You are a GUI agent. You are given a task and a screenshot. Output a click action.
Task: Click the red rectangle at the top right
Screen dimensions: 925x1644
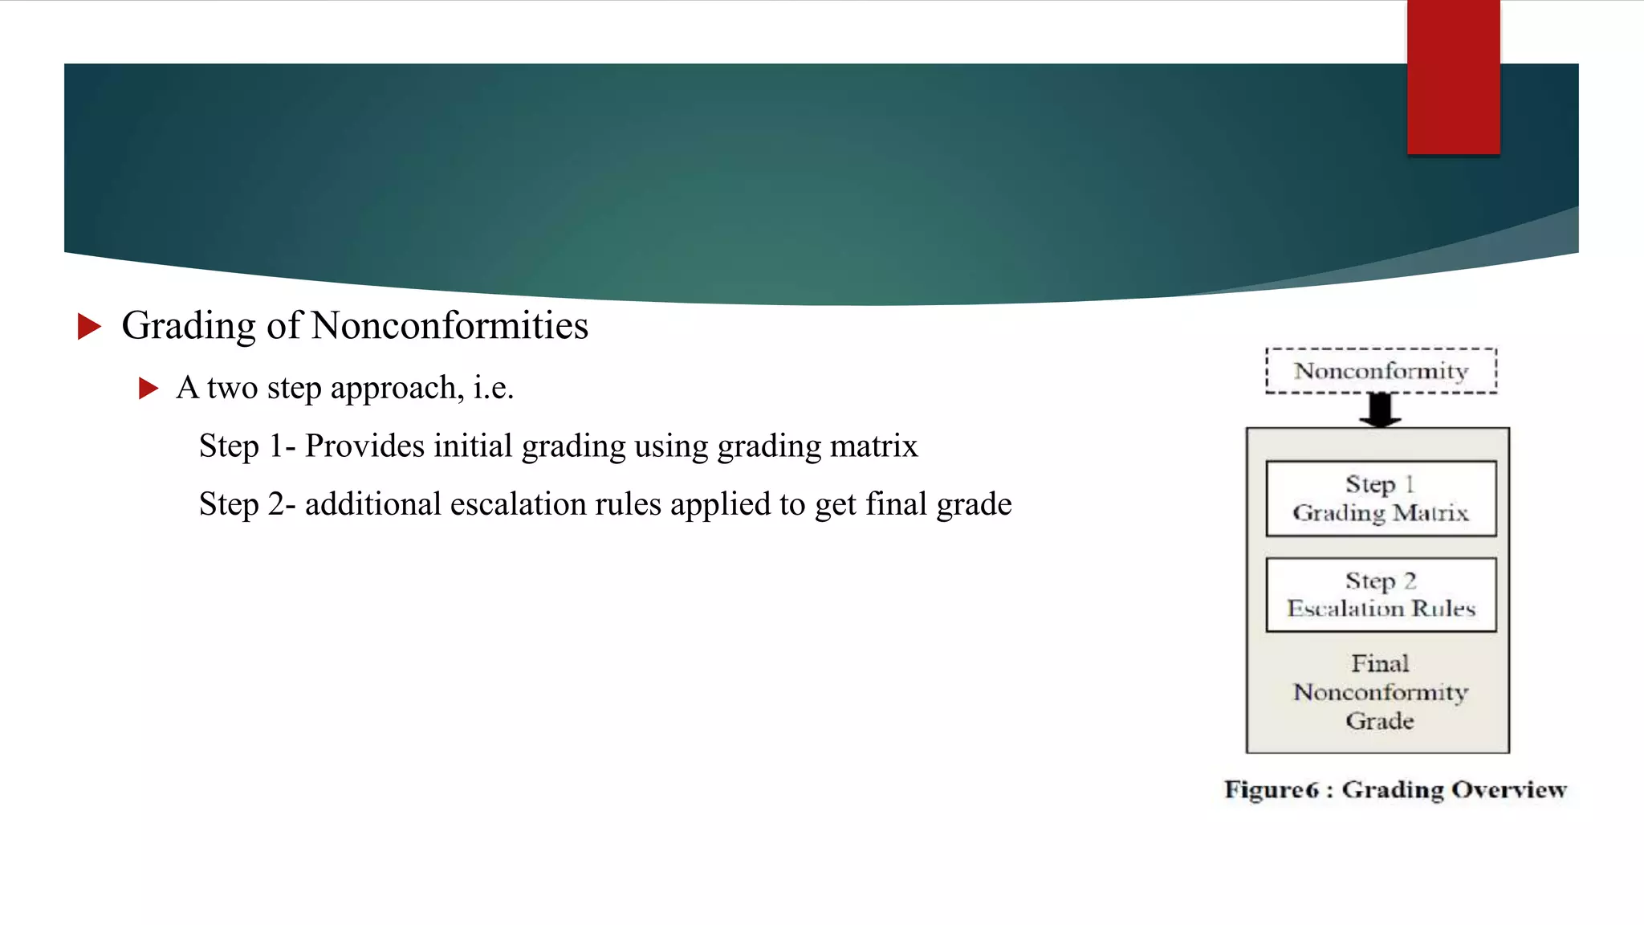[x=1453, y=77]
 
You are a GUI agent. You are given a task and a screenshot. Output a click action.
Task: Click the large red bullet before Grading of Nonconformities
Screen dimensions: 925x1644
[x=89, y=326]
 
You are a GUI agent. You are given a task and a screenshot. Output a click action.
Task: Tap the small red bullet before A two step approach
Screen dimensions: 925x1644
[x=148, y=389]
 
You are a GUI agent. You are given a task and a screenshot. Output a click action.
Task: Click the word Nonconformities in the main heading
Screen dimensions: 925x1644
[x=450, y=326]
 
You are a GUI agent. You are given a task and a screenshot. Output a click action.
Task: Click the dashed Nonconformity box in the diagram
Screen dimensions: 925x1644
[x=1381, y=371]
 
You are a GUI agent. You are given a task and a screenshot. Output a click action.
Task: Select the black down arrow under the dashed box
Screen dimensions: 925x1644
[x=1380, y=410]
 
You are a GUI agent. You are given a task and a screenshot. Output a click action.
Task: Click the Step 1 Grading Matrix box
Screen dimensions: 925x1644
[x=1381, y=498]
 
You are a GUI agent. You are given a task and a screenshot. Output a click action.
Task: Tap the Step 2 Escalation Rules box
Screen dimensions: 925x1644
[x=1381, y=595]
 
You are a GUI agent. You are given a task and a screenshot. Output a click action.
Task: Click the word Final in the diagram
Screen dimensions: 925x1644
[x=1379, y=664]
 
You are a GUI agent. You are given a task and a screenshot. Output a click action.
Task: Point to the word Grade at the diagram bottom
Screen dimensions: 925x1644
[x=1379, y=721]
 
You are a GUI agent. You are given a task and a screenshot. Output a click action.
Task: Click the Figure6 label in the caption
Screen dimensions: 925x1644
[x=1271, y=790]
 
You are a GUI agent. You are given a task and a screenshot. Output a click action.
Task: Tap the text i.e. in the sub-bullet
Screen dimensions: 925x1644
[x=493, y=389]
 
